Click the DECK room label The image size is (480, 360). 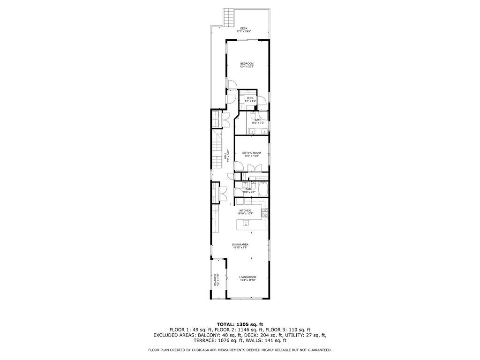[x=244, y=29]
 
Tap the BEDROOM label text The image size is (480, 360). [x=247, y=64]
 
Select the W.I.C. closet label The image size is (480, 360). [x=250, y=98]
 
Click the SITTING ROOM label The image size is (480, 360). [x=251, y=153]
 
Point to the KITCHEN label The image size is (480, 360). [x=245, y=211]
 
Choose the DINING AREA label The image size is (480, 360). [x=240, y=245]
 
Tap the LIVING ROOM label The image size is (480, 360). [x=248, y=277]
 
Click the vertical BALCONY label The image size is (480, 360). [x=215, y=280]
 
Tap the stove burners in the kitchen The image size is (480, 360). [x=265, y=212]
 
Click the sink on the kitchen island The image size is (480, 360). [x=245, y=223]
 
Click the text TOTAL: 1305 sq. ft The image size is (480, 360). [x=240, y=324]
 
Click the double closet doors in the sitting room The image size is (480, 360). [x=253, y=167]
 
